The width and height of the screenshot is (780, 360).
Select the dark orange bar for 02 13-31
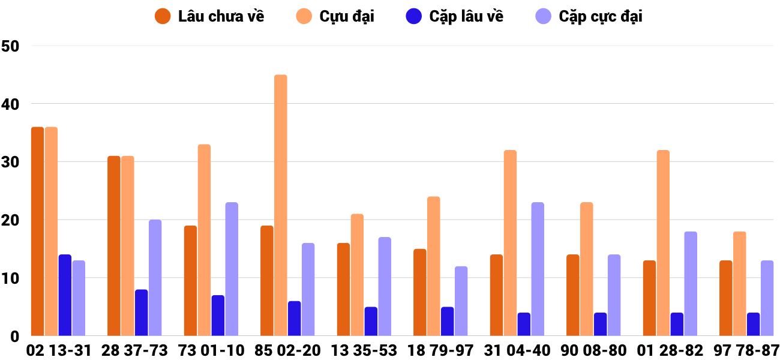(37, 231)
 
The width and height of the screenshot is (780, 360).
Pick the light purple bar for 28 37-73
(155, 278)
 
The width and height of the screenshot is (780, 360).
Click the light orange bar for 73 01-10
(204, 240)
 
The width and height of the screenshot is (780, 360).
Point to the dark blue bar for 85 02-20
(294, 318)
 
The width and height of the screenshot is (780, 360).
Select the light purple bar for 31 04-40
(538, 269)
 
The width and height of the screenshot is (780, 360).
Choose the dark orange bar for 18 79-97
(420, 292)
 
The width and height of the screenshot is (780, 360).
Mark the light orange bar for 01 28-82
(663, 243)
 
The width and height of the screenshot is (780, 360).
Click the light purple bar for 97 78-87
(767, 298)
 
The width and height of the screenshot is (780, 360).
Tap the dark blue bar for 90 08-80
(600, 324)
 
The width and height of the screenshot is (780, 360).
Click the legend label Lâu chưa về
(221, 16)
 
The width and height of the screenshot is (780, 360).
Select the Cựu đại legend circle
(303, 16)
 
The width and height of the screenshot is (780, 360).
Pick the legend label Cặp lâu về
(466, 16)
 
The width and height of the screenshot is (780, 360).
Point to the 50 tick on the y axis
(11, 46)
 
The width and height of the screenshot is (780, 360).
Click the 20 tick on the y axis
(11, 220)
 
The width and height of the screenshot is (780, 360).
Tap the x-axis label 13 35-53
(364, 350)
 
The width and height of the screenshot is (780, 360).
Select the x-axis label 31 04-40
(517, 350)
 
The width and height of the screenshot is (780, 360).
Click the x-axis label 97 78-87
(746, 350)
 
